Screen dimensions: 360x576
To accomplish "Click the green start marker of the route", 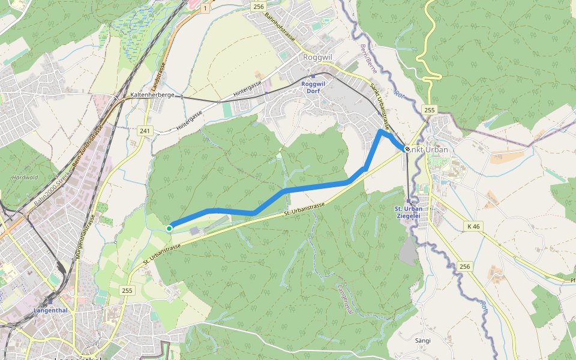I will (x=169, y=228).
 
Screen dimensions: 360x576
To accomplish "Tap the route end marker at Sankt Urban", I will (x=407, y=149).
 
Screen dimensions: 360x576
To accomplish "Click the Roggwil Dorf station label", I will (x=313, y=88).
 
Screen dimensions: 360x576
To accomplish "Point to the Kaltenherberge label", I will (x=152, y=95).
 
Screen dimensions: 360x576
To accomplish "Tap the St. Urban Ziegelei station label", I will (x=408, y=212).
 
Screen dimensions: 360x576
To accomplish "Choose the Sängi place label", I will (x=423, y=340).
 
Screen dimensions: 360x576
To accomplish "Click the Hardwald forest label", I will (x=25, y=178).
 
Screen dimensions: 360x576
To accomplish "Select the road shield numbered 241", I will (x=145, y=131).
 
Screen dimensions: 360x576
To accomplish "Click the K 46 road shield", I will (x=473, y=226).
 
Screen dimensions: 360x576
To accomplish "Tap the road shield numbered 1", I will (x=205, y=8).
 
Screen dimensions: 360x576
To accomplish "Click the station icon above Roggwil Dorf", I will (x=313, y=76).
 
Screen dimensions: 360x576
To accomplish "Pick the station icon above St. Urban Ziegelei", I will (x=408, y=201).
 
